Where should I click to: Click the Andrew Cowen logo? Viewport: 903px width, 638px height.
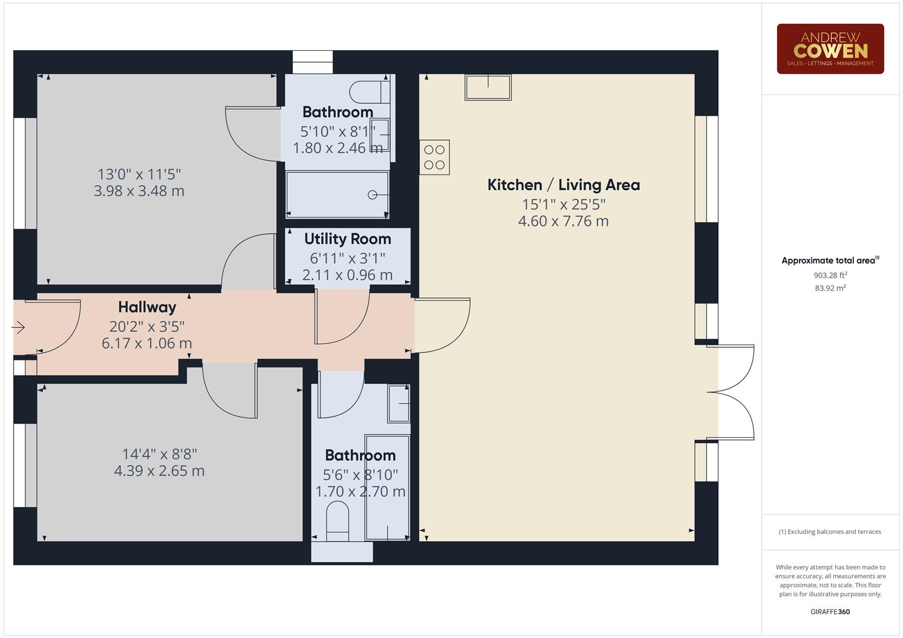click(x=830, y=48)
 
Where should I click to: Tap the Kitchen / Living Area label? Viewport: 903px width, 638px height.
click(x=563, y=185)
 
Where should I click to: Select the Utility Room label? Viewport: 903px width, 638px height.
click(x=347, y=239)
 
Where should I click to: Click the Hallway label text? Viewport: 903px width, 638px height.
click(x=147, y=307)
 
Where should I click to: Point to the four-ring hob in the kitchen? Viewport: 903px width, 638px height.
click(x=435, y=157)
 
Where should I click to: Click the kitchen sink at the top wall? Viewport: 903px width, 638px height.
click(x=488, y=87)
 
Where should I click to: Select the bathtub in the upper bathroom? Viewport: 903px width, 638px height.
click(x=337, y=194)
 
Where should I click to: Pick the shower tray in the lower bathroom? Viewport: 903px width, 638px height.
click(x=387, y=488)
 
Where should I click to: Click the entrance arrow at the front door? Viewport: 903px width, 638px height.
click(x=18, y=327)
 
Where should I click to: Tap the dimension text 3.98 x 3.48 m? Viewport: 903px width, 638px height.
click(x=139, y=191)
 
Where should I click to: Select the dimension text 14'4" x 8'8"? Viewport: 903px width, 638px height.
click(x=159, y=454)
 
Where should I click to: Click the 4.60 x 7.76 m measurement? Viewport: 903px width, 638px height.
click(x=563, y=222)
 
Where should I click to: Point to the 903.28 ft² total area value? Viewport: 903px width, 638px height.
click(x=830, y=275)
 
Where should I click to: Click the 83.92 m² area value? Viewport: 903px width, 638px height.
click(x=830, y=288)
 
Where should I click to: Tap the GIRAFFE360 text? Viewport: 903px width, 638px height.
click(x=830, y=611)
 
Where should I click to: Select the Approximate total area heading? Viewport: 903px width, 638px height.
click(x=830, y=261)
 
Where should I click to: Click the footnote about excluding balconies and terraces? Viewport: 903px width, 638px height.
click(x=830, y=532)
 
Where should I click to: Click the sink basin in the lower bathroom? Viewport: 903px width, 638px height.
click(x=399, y=403)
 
